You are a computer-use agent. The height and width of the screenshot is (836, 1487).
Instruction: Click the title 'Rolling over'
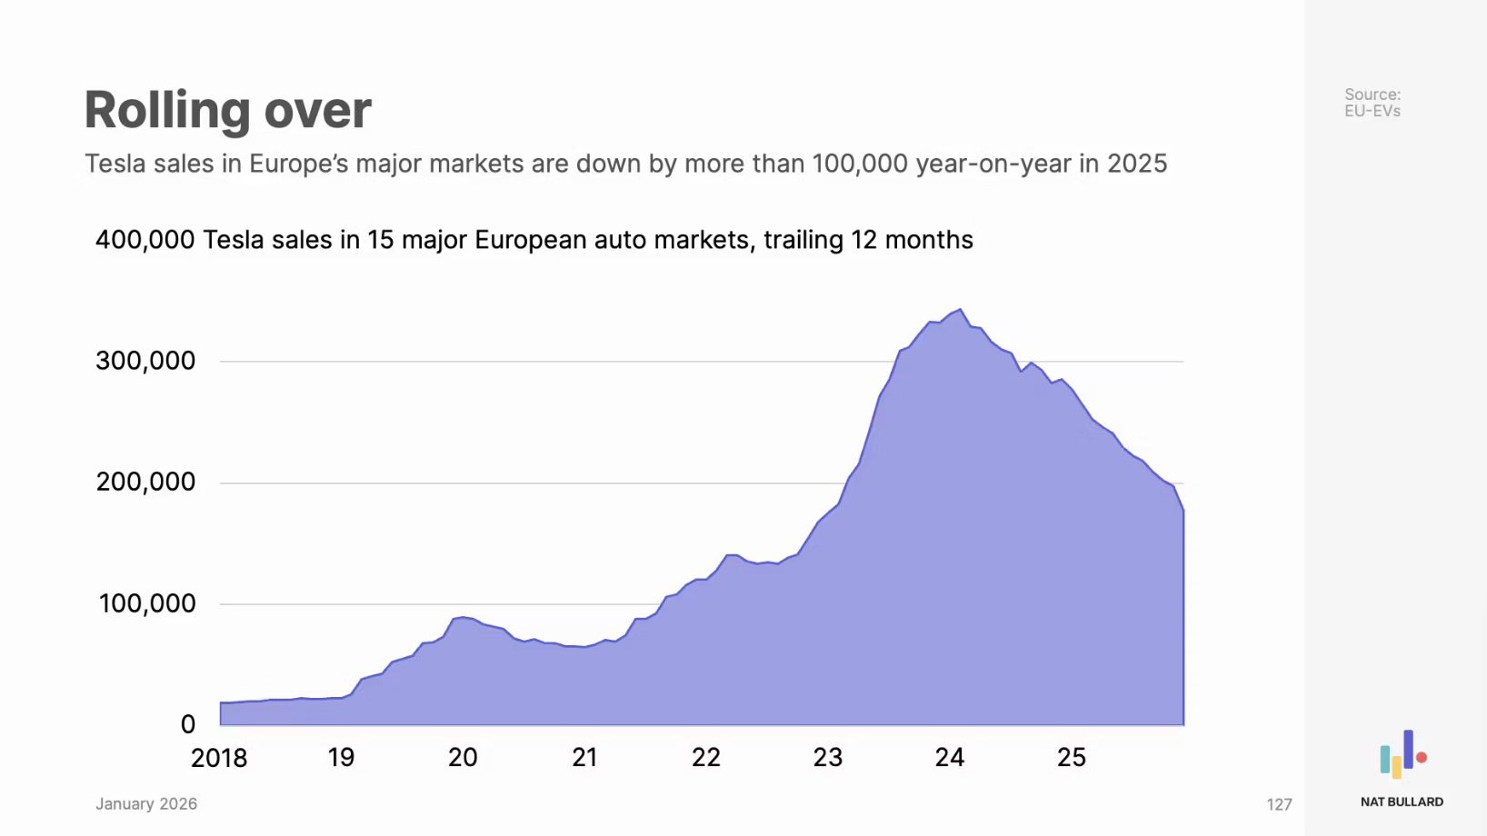point(227,111)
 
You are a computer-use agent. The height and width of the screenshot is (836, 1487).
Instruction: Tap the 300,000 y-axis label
point(145,361)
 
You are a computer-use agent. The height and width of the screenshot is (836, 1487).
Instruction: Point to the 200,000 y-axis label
point(145,482)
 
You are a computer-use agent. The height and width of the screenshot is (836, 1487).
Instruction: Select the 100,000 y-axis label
point(146,603)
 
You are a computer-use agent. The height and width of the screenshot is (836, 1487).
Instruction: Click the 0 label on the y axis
point(188,724)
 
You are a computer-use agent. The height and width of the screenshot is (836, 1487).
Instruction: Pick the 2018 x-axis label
point(219,758)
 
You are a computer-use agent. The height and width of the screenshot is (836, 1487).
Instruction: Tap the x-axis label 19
point(341,758)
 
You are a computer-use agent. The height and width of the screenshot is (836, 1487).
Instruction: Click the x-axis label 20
point(463,758)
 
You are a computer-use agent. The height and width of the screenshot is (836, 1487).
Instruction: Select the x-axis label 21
point(584,758)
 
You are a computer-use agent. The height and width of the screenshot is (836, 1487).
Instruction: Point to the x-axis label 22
point(706,758)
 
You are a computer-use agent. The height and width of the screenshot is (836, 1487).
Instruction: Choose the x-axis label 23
point(828,758)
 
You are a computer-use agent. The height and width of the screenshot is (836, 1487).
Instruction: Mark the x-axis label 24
point(950,758)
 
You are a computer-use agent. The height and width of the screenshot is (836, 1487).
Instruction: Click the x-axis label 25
point(1072,758)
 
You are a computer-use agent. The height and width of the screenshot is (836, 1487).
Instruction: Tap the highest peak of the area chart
point(961,310)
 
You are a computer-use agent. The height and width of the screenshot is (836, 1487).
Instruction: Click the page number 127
point(1279,804)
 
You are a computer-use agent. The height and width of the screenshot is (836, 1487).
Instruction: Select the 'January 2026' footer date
point(146,803)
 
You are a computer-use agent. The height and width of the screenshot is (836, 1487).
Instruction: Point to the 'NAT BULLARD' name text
point(1402,801)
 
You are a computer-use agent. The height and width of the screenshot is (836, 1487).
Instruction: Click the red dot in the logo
point(1422,757)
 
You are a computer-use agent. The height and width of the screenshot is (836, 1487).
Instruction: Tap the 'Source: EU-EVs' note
point(1372,103)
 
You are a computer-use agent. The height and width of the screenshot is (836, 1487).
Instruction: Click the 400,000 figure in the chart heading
point(145,240)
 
